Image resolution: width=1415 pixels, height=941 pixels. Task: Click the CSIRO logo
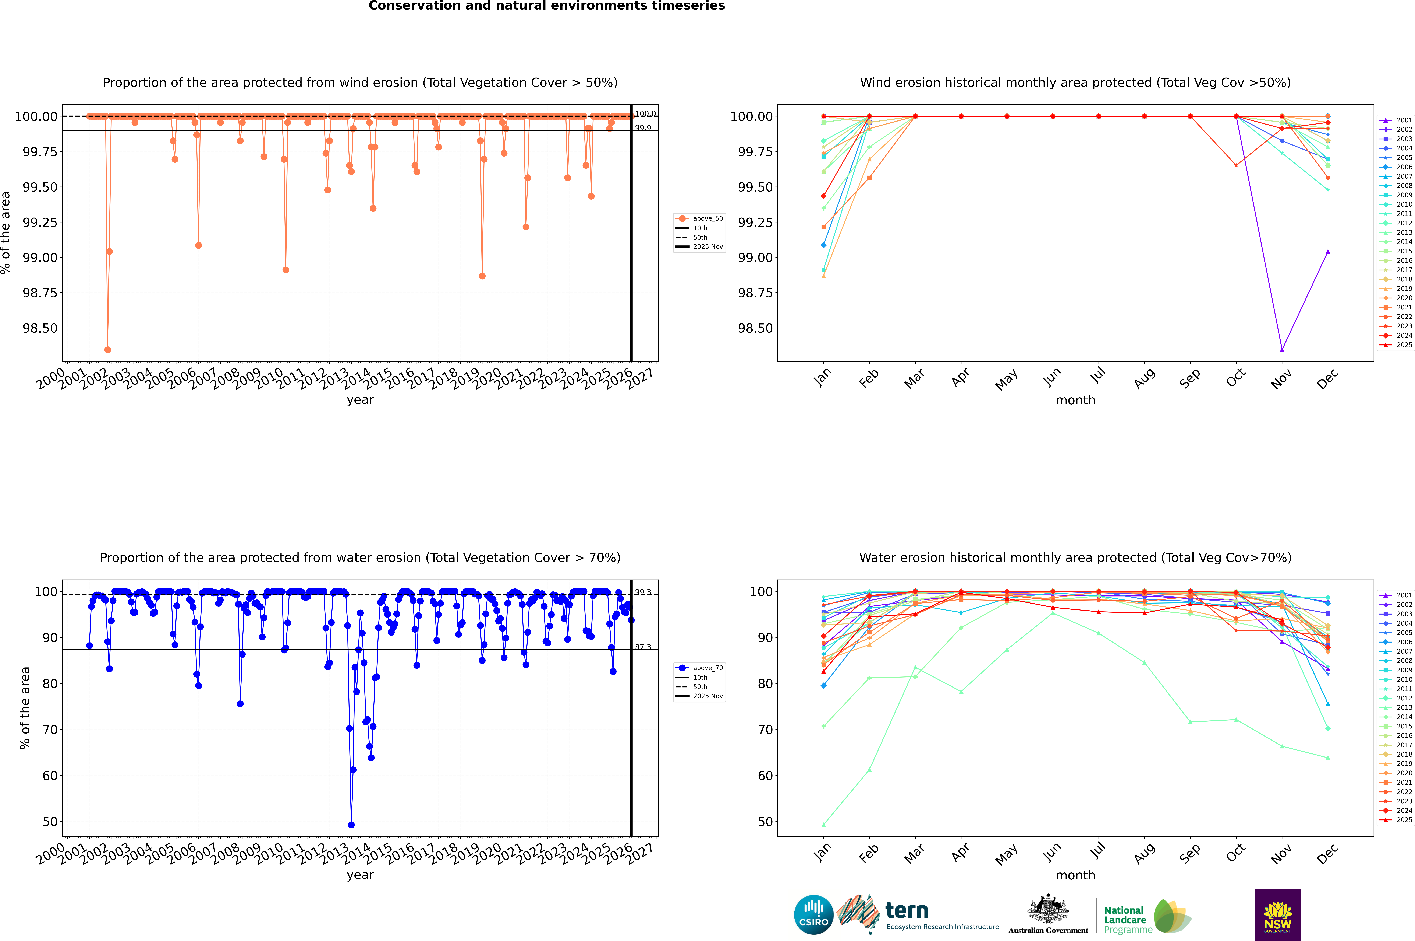pos(813,915)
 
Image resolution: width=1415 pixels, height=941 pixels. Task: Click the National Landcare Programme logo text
pos(1125,919)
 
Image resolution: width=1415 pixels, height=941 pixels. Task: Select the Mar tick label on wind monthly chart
pos(914,379)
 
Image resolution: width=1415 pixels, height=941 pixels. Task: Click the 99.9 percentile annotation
pos(643,128)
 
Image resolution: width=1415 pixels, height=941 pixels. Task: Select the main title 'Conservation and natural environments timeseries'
pos(546,6)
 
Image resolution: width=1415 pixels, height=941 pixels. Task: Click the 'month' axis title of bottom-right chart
pos(1075,875)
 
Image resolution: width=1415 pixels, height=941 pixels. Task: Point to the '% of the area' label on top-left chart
pos(6,233)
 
